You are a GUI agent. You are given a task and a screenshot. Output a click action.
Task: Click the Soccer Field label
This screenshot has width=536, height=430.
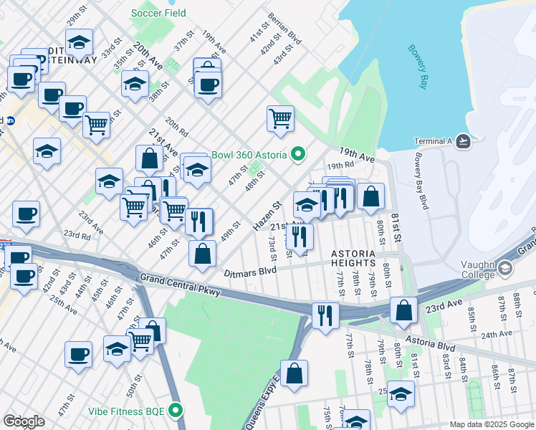[x=158, y=13]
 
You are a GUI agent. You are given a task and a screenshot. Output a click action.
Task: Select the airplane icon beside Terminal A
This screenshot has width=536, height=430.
[x=464, y=141]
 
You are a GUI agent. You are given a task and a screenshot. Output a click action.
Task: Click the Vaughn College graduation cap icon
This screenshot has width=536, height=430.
[x=506, y=269]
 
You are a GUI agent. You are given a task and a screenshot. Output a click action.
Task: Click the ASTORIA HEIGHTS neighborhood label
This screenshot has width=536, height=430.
[x=353, y=259]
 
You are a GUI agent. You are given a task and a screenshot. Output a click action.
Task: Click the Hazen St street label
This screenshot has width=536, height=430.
[x=266, y=216]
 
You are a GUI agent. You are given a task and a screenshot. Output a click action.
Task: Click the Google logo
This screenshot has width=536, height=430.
[x=24, y=421]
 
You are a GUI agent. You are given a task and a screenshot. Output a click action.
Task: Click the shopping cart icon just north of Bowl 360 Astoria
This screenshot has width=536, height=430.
[x=280, y=118]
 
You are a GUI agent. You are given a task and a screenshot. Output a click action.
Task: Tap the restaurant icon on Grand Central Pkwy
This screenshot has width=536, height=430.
[x=325, y=315]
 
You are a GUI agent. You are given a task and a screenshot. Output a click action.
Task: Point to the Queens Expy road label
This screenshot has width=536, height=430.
[x=262, y=406]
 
